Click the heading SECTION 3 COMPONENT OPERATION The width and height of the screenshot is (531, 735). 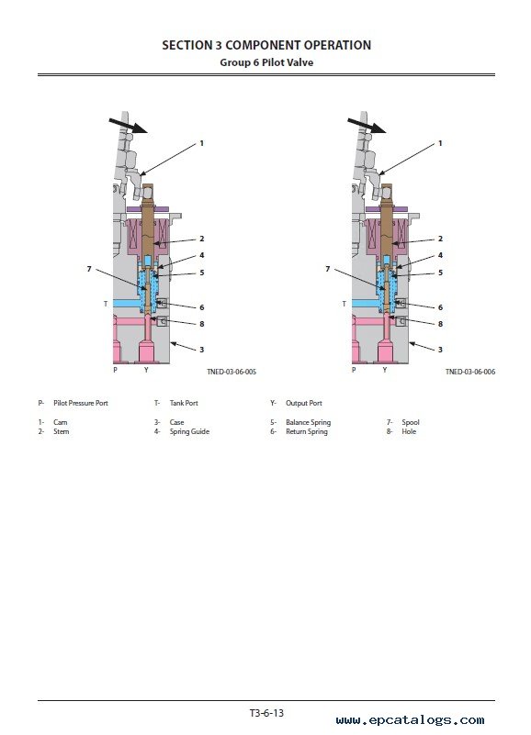point(266,45)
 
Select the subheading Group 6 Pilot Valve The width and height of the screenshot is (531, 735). point(266,62)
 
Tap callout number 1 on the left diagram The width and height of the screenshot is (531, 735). point(202,143)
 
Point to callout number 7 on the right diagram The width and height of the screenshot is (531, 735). point(328,269)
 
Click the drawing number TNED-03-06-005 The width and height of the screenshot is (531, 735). point(232,372)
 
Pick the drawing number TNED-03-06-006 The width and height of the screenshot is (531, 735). point(470,372)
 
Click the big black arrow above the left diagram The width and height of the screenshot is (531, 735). point(129,126)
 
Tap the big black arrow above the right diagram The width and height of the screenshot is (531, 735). point(367,126)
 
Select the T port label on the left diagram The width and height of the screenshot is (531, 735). point(106,304)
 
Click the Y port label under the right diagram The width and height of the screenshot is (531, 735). point(385,370)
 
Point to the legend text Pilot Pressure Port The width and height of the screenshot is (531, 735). point(81,403)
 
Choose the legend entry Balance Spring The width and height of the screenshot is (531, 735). point(308,422)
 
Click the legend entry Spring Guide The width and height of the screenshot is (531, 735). point(189,431)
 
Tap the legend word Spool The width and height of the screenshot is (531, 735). point(411,422)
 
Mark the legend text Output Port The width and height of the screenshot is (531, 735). point(304,403)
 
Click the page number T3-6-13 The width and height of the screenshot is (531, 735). point(266,713)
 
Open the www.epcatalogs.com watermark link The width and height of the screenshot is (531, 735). point(410,720)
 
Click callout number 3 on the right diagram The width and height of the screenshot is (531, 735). point(440,350)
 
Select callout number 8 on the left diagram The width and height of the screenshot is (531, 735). point(202,324)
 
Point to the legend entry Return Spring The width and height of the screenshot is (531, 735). point(307,431)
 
